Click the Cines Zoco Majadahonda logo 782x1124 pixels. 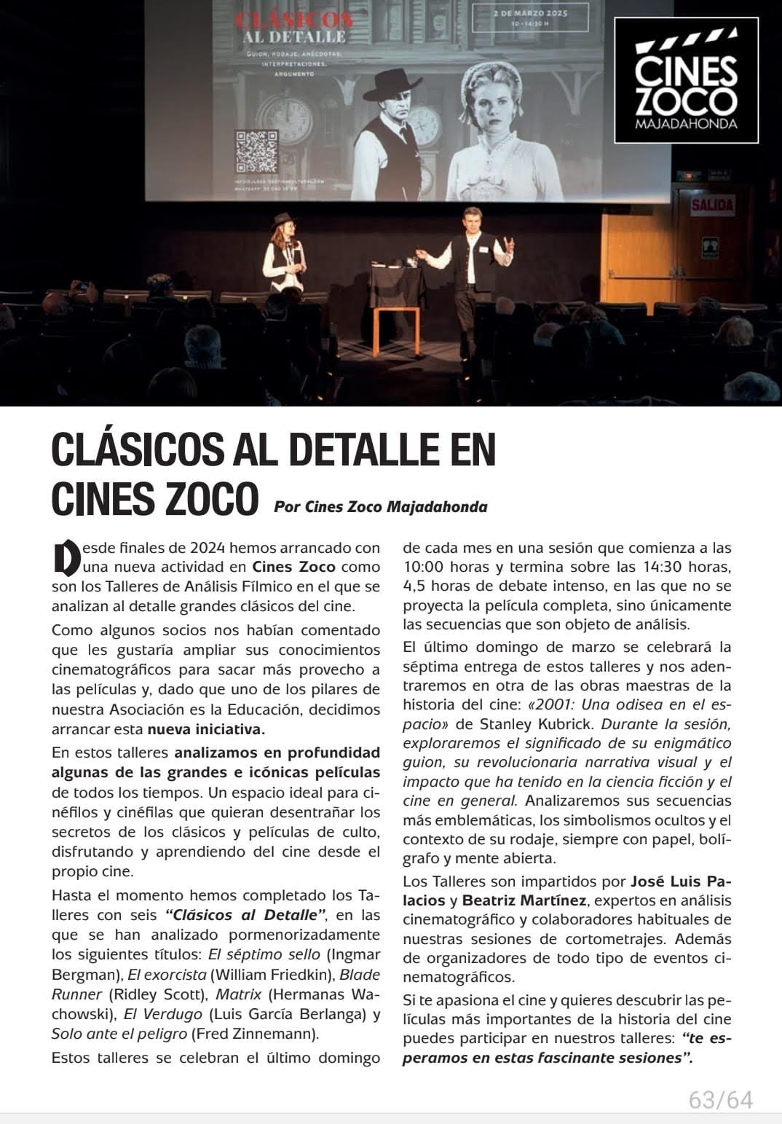[x=686, y=79]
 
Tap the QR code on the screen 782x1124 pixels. [x=256, y=152]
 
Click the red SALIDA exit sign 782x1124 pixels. [x=711, y=205]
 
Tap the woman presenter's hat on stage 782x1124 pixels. [x=283, y=220]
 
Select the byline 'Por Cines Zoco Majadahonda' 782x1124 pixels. [x=380, y=506]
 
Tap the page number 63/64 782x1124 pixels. [x=720, y=1099]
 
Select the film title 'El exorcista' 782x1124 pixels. [x=167, y=974]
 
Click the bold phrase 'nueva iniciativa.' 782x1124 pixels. [x=206, y=729]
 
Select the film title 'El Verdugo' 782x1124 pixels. [x=162, y=1013]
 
